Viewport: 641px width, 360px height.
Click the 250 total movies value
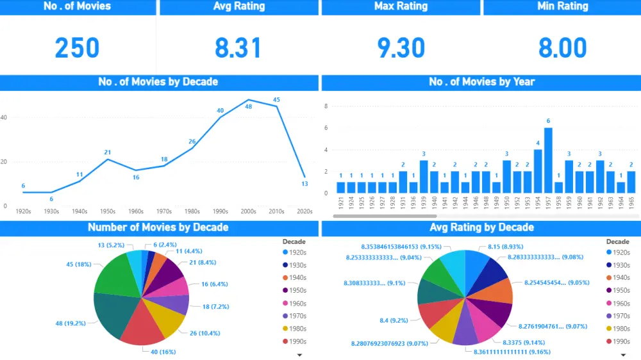pos(77,48)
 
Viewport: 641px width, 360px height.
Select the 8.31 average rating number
pos(238,48)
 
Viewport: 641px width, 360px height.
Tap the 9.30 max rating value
pos(401,48)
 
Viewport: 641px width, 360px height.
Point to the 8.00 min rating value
pos(562,48)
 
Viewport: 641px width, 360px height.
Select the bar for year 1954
pos(538,171)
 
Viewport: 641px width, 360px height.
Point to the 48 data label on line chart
pos(249,107)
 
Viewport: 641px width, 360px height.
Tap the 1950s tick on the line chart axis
pos(108,211)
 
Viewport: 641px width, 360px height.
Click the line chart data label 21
pos(108,152)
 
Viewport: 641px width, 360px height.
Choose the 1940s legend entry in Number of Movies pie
pos(296,277)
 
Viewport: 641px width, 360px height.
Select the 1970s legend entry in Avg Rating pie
pos(619,316)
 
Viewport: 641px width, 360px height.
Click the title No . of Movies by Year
pos(481,82)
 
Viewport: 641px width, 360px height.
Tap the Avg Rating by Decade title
pos(481,227)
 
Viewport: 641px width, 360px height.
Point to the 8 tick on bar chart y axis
pos(326,106)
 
